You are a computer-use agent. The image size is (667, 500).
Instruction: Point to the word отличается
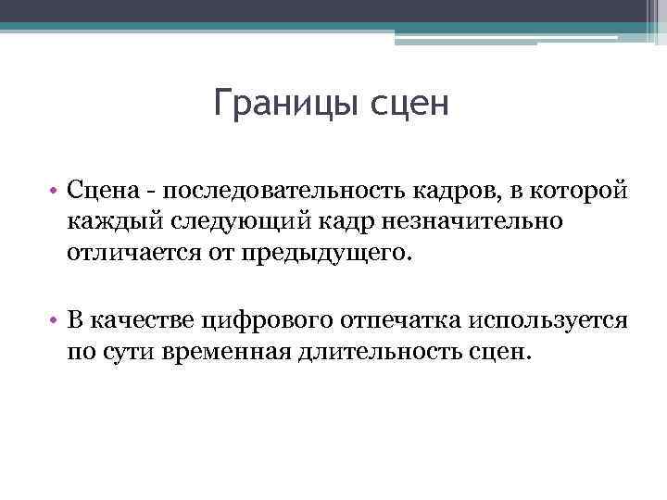pyautogui.click(x=124, y=253)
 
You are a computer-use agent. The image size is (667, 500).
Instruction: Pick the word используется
pyautogui.click(x=550, y=320)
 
